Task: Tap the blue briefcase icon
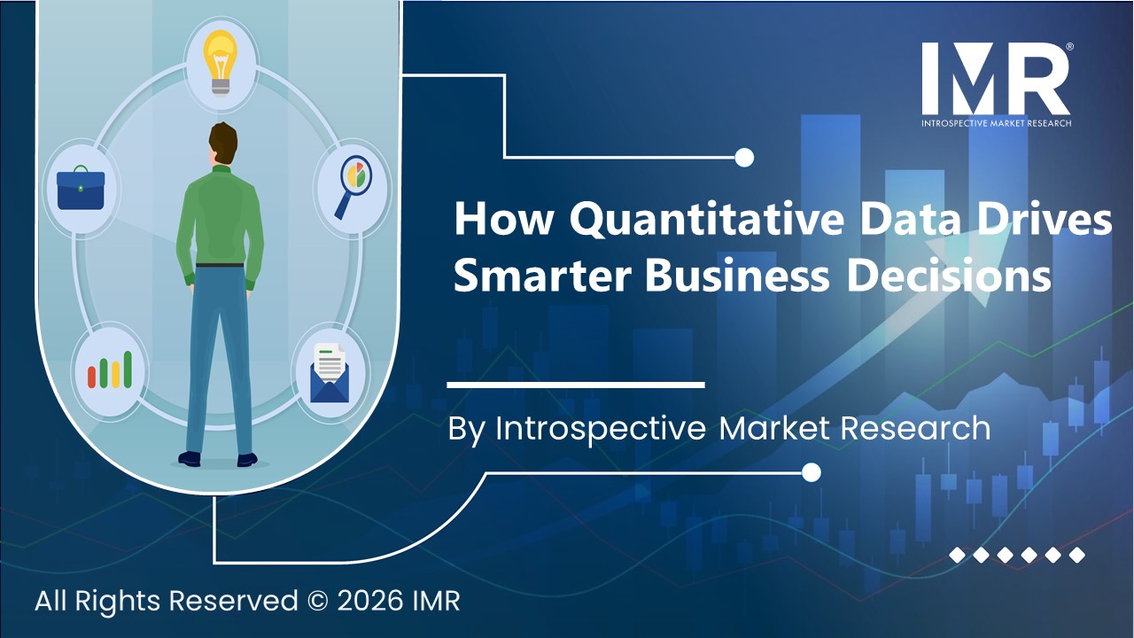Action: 81,189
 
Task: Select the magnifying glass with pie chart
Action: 352,184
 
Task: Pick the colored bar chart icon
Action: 110,370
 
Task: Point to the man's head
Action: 223,144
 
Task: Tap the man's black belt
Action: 219,264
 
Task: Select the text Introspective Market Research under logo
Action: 996,122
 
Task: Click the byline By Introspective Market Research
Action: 718,428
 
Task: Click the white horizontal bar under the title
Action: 575,385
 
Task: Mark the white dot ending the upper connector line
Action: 744,158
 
